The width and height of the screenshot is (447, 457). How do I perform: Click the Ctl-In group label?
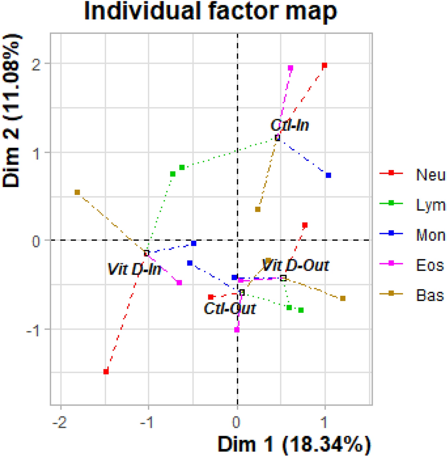point(290,125)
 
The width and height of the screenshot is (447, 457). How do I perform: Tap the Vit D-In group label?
point(134,268)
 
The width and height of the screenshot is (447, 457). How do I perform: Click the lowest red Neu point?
point(106,372)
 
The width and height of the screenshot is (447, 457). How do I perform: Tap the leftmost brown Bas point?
point(77,192)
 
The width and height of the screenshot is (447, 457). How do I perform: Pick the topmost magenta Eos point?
point(290,68)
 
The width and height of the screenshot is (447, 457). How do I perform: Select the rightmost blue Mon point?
point(328,175)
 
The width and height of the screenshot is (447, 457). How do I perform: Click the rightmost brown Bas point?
point(343,299)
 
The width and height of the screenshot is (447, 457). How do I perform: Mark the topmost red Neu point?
point(325,66)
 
